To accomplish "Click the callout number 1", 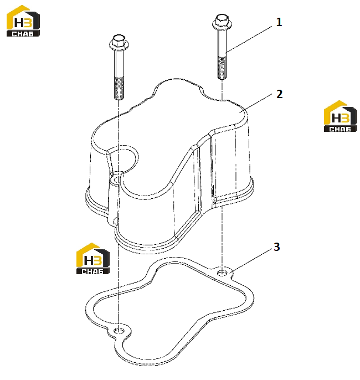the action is point(279,22).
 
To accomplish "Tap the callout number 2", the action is point(279,94).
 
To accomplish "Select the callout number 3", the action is point(277,247).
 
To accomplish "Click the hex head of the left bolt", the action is point(119,39).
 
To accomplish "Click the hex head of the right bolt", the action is point(222,19).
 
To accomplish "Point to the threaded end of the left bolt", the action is point(119,88).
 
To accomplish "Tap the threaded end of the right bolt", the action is point(222,68).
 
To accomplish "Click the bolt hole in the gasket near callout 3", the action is point(222,273).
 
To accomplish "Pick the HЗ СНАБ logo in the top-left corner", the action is point(23,21).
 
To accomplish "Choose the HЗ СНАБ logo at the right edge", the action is point(341,116).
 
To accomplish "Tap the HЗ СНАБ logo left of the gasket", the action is point(93,259).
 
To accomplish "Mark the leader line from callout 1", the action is point(249,40).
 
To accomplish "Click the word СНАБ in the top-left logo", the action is point(23,34).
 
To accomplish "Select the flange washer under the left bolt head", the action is point(119,45).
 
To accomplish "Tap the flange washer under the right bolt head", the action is point(222,25).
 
